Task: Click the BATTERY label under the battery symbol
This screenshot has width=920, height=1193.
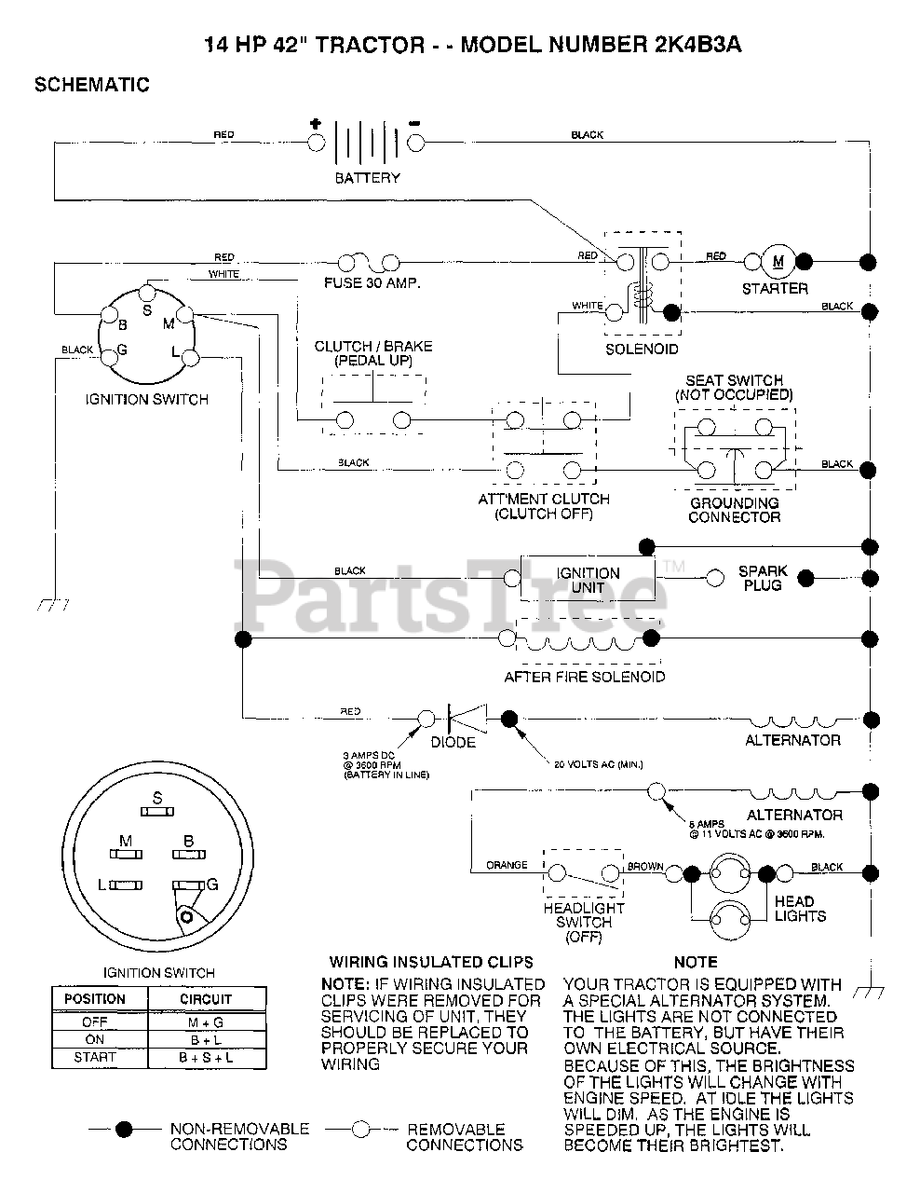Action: pos(368,178)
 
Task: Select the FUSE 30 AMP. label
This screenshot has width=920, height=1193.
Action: pos(372,282)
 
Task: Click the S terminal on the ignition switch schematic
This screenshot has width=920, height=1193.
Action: pos(146,292)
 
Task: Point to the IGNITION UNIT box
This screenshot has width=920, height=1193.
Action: pos(588,580)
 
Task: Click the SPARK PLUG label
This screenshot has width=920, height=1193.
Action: pos(763,578)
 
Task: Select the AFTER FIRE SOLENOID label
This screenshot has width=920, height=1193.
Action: pos(585,677)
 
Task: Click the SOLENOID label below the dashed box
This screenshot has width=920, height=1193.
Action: pos(642,349)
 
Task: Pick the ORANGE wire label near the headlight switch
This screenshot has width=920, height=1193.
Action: pos(507,865)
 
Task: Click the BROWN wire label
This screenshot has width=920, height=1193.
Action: pos(645,866)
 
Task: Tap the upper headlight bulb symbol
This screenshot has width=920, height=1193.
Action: pos(731,873)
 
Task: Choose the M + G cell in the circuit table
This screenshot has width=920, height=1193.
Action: pos(206,1022)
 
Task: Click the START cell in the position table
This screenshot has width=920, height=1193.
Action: pos(95,1058)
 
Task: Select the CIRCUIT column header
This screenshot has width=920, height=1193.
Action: pos(206,998)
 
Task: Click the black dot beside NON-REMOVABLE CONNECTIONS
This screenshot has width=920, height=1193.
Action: pos(124,1129)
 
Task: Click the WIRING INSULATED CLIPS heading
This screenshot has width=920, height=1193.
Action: pos(431,962)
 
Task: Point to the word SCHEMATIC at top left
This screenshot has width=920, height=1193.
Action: pos(91,85)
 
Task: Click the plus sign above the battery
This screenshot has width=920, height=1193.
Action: pos(315,123)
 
